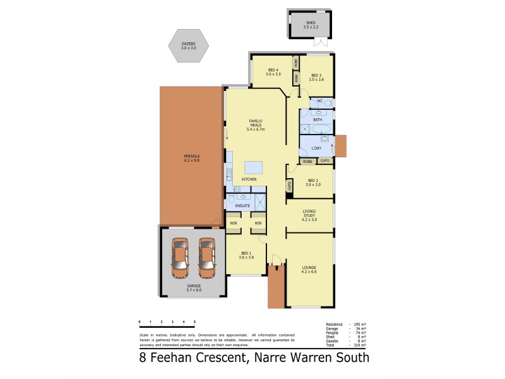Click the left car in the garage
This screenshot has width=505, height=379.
pos(180,258)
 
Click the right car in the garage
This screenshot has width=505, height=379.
pos(207,258)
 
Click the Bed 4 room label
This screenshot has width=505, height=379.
pos(273,72)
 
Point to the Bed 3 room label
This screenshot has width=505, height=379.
pos(316,77)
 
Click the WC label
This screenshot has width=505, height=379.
pos(319,101)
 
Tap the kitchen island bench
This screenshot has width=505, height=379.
pos(254,167)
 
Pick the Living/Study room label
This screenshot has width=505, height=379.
pos(309,217)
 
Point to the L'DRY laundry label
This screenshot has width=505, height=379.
pos(316,148)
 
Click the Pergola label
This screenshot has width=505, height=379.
pos(192,158)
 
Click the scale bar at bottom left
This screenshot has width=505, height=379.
pos(167,325)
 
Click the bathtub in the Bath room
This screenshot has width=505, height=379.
pos(321,128)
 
